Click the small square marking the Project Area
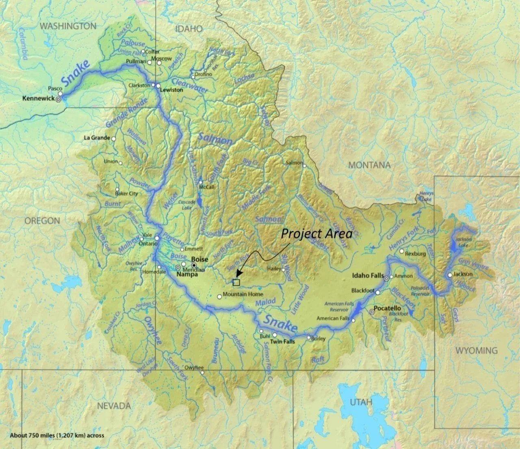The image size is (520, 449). (x=236, y=282)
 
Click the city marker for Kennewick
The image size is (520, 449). (x=58, y=99)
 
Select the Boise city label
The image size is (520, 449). (x=199, y=259)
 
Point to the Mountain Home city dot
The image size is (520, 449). (x=219, y=296)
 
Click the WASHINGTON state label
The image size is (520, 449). (x=68, y=26)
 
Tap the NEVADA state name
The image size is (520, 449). (x=114, y=405)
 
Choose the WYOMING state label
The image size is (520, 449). (x=476, y=350)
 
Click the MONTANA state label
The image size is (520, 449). (x=369, y=165)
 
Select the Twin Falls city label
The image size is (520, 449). (x=282, y=342)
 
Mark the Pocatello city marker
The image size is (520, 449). (x=372, y=312)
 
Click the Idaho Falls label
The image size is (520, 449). (x=368, y=276)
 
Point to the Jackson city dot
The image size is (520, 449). (x=450, y=275)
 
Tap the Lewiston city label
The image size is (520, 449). (x=171, y=90)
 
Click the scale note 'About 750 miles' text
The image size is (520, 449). (x=57, y=435)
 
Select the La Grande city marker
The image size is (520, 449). (x=114, y=139)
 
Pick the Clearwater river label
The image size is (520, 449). (x=190, y=85)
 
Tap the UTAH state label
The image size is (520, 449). (x=361, y=402)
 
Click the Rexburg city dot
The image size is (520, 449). (x=402, y=251)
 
